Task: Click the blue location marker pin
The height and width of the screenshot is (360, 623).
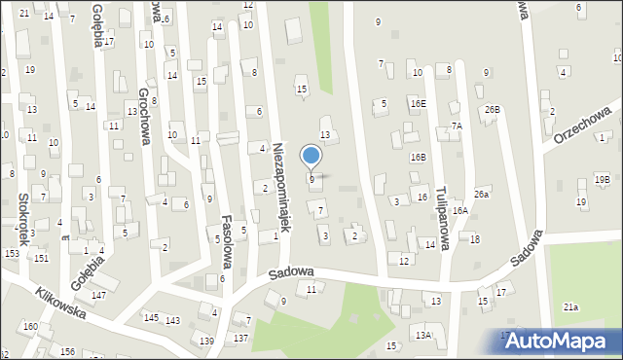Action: [311, 156]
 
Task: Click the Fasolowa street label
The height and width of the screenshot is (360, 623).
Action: [226, 241]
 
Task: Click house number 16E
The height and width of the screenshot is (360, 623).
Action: [418, 103]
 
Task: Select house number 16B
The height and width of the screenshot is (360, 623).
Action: [418, 157]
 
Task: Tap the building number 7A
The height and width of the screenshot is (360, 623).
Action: [456, 126]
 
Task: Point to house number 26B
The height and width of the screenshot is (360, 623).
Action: [493, 109]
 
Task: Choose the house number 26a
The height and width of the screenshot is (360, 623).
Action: [481, 195]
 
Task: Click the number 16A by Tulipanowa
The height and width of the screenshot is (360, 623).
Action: [459, 210]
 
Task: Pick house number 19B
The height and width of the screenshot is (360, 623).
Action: [603, 180]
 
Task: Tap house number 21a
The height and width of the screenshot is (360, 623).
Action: [570, 307]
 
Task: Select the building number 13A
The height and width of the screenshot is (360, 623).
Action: [422, 335]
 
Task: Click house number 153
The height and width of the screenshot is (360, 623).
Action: [12, 253]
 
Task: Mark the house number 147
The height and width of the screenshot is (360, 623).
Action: [98, 295]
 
